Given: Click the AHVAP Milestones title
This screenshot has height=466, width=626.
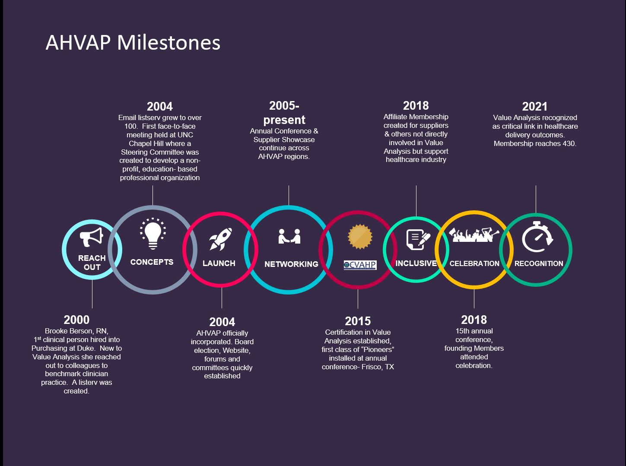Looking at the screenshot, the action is pyautogui.click(x=133, y=43).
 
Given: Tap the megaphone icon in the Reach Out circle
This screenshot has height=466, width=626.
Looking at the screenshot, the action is pyautogui.click(x=92, y=237).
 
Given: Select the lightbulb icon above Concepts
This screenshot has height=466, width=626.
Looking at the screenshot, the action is pyautogui.click(x=153, y=234).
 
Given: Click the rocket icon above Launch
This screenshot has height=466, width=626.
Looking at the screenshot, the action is pyautogui.click(x=220, y=239).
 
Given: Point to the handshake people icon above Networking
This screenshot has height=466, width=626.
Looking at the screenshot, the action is pyautogui.click(x=289, y=236).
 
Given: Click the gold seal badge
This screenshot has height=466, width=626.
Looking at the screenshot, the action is pyautogui.click(x=360, y=237).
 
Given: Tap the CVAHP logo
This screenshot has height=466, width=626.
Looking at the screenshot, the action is pyautogui.click(x=360, y=265).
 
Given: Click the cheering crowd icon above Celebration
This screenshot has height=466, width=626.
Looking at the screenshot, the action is pyautogui.click(x=474, y=235).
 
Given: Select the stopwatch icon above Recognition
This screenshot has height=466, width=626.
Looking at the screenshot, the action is pyautogui.click(x=537, y=237).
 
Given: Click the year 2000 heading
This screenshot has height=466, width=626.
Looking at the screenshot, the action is pyautogui.click(x=76, y=320).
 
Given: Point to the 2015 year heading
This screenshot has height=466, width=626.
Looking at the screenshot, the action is pyautogui.click(x=358, y=321).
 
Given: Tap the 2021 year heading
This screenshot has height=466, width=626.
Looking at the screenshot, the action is pyautogui.click(x=534, y=107).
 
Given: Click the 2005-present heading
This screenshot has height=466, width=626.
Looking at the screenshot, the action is pyautogui.click(x=284, y=113).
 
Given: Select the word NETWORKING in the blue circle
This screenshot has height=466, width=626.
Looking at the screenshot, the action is pyautogui.click(x=291, y=264).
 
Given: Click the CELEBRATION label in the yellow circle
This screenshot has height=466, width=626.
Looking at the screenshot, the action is pyautogui.click(x=474, y=263).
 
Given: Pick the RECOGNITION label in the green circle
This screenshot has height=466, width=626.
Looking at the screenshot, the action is pyautogui.click(x=539, y=263).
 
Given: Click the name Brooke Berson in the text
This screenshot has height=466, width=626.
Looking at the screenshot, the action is pyautogui.click(x=68, y=331).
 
